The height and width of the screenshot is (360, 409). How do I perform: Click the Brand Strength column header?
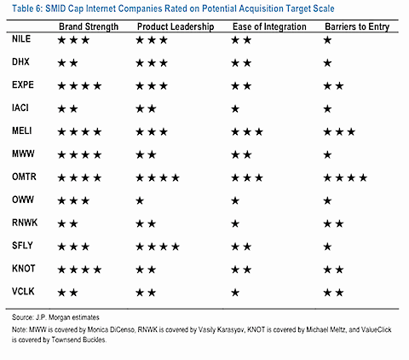tap(89, 26)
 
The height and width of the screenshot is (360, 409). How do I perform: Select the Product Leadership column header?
tap(176, 26)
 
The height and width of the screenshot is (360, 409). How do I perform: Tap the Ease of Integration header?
tap(269, 26)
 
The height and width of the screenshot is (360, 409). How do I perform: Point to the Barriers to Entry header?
tap(357, 26)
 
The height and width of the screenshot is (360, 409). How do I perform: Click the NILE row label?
tap(21, 38)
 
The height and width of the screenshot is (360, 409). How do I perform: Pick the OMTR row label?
tap(24, 177)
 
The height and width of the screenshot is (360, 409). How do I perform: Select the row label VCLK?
tap(23, 292)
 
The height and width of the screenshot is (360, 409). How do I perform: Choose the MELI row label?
tap(22, 131)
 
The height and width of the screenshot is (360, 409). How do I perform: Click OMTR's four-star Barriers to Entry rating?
tap(345, 178)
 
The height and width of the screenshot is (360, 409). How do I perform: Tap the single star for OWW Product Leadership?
tap(140, 200)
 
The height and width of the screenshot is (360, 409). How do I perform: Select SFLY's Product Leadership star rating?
tap(158, 247)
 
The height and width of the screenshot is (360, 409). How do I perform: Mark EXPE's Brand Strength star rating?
tap(79, 86)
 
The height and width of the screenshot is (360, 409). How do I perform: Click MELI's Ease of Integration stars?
tap(247, 132)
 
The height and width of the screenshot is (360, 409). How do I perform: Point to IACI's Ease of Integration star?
tap(235, 109)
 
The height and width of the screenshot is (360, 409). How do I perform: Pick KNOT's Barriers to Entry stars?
tap(333, 270)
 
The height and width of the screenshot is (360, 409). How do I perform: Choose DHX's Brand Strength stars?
tap(67, 63)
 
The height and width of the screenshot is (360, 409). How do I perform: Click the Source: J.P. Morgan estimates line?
tap(55, 317)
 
